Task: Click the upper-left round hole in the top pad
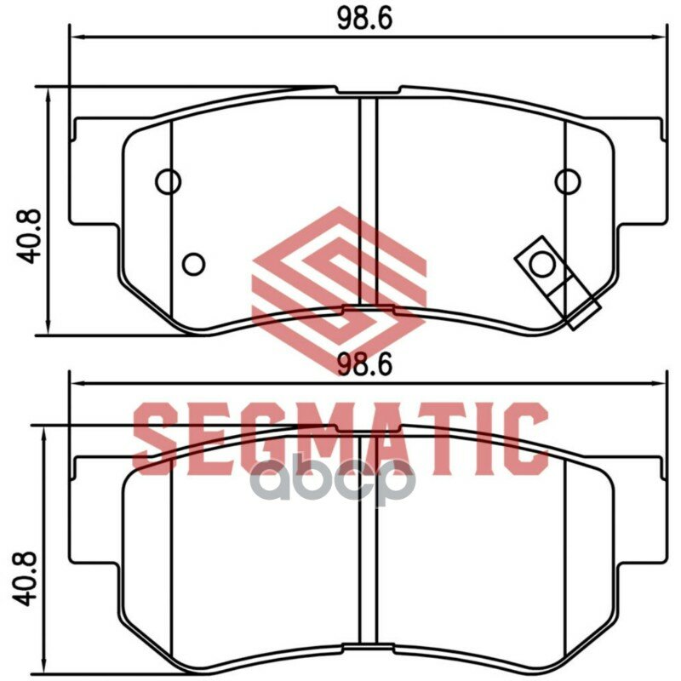pyautogui.click(x=169, y=180)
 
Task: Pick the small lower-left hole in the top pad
pyautogui.click(x=194, y=265)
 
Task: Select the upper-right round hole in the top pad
pyautogui.click(x=567, y=180)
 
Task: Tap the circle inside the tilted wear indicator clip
pyautogui.click(x=542, y=266)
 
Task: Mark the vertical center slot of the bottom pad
pyautogui.click(x=368, y=545)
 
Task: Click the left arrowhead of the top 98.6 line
pyautogui.click(x=75, y=37)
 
